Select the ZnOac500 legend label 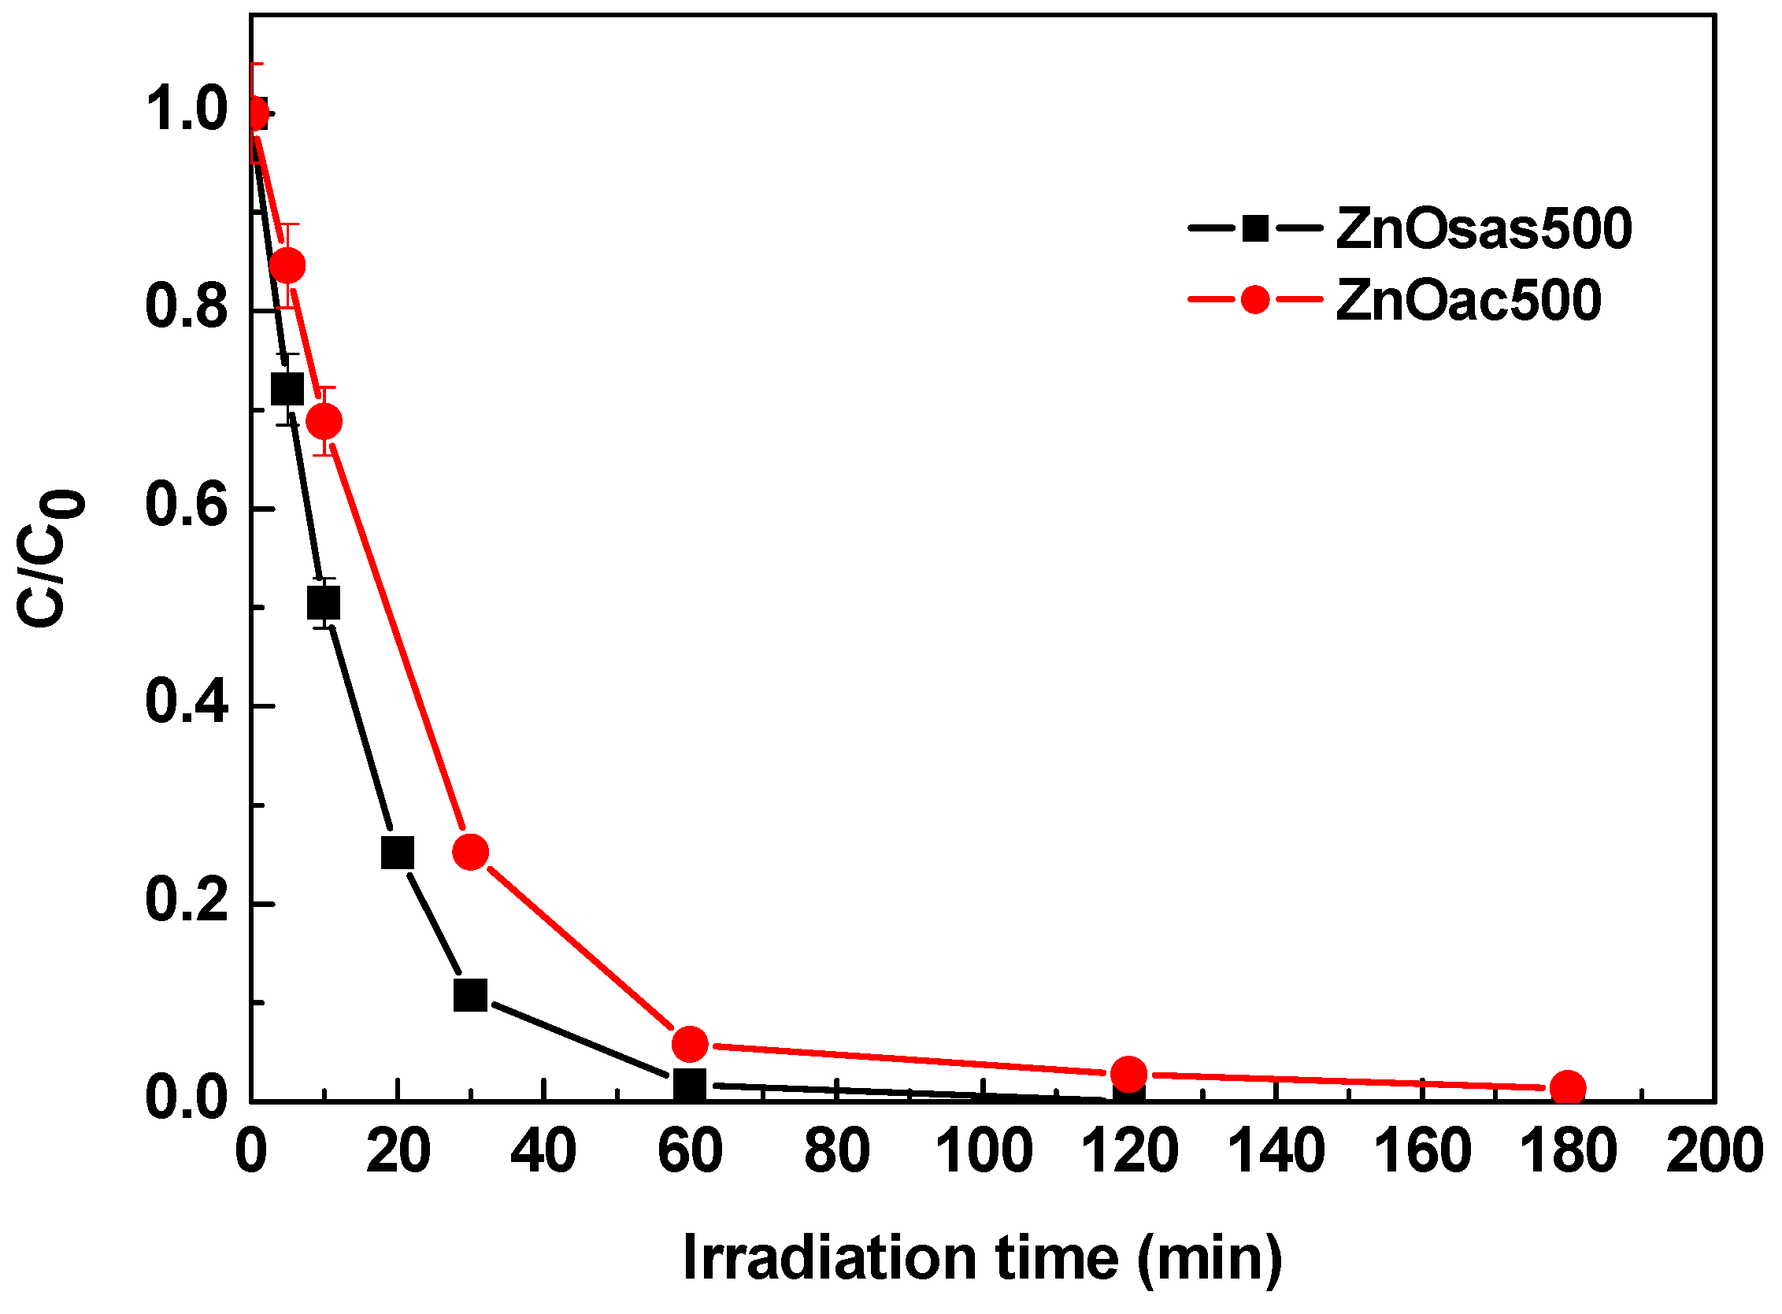tap(1469, 301)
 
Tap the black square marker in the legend tap(1254, 229)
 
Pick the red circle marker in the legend tap(1254, 300)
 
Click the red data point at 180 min tap(1568, 1087)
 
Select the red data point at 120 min tap(1129, 1074)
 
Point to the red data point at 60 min tap(690, 1044)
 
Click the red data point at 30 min tap(470, 852)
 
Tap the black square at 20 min tap(398, 853)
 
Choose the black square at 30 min tap(470, 995)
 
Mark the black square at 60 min tap(689, 1084)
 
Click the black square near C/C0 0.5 tap(323, 603)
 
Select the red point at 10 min tap(324, 420)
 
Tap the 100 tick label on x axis tap(984, 1151)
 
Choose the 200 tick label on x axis tap(1713, 1151)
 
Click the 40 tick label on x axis tap(543, 1151)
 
